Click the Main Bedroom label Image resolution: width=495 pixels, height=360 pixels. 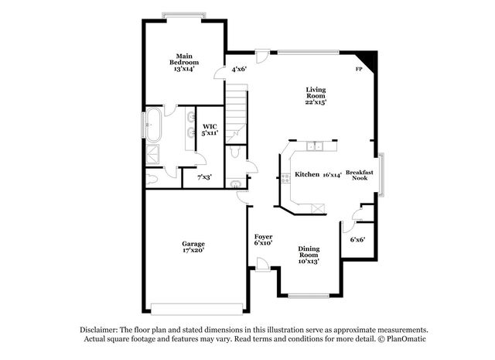[183, 59]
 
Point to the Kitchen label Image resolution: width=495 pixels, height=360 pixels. [307, 175]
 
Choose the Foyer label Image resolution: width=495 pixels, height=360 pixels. [264, 236]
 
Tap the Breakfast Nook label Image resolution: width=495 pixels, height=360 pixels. [360, 175]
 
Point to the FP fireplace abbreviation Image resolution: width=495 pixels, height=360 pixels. [358, 70]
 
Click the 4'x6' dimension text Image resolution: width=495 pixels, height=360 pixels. [239, 70]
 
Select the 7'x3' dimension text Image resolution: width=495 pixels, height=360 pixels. [204, 177]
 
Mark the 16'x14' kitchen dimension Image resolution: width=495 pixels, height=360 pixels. [331, 175]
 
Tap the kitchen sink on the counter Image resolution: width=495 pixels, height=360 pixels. [313, 146]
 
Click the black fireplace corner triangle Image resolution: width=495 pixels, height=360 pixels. [370, 59]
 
